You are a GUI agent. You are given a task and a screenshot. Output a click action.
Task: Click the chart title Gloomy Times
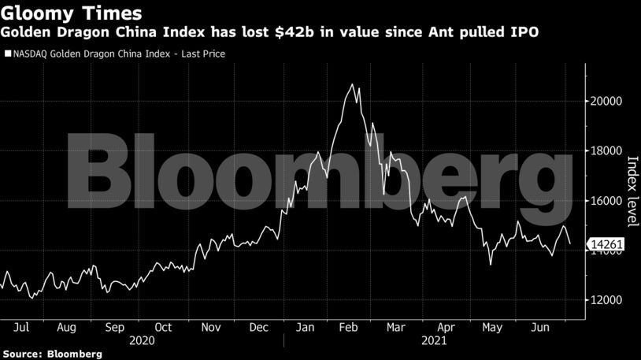click(72, 13)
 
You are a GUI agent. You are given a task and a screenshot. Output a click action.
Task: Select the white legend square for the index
click(8, 54)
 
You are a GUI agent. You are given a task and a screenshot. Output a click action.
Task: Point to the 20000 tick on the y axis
click(607, 101)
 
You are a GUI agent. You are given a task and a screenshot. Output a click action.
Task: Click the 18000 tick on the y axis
click(607, 150)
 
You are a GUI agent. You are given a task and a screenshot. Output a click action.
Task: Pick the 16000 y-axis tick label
click(607, 201)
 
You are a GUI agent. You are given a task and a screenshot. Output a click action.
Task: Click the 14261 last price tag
click(609, 245)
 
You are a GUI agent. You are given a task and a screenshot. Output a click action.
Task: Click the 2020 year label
click(142, 340)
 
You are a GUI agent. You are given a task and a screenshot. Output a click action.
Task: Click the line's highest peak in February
click(352, 84)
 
